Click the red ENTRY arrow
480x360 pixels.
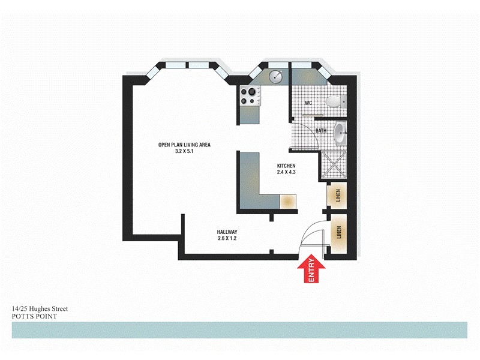coord(312,271)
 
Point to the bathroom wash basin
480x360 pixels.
coord(340,132)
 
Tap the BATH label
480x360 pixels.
coord(321,130)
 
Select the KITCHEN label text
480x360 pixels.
coord(287,166)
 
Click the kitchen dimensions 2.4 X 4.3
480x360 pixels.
coord(287,172)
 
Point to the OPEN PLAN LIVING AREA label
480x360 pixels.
coord(184,145)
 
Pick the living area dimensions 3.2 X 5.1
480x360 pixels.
coord(184,152)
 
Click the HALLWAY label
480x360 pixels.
coord(227,232)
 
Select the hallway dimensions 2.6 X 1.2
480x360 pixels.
coord(227,239)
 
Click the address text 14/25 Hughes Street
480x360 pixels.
coord(40,308)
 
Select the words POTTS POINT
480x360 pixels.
coord(34,316)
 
